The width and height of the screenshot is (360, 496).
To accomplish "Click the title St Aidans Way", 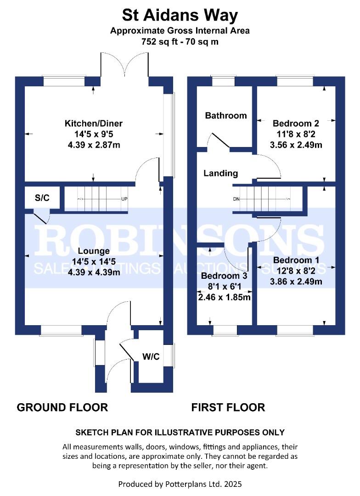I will pyautogui.click(x=180, y=16).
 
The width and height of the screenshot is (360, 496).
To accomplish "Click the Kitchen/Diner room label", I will pyautogui.click(x=93, y=124).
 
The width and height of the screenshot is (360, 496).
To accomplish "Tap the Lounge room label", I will pyautogui.click(x=93, y=251).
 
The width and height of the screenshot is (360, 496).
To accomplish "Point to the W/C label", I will pyautogui.click(x=151, y=357).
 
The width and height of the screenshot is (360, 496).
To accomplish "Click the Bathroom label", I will pyautogui.click(x=225, y=115).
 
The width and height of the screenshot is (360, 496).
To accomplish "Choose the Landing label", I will pyautogui.click(x=220, y=173).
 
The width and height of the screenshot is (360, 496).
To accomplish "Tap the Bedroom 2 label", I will pyautogui.click(x=296, y=123).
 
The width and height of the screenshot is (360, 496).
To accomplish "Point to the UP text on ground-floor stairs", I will pyautogui.click(x=124, y=199).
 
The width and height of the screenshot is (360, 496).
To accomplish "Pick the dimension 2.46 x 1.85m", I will pyautogui.click(x=224, y=297).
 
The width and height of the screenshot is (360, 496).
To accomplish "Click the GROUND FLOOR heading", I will pyautogui.click(x=62, y=407).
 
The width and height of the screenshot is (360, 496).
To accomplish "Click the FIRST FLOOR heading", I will pyautogui.click(x=228, y=407).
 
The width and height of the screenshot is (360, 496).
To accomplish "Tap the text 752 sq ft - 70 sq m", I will pyautogui.click(x=180, y=41).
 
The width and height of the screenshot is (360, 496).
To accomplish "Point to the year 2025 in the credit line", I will pyautogui.click(x=231, y=484).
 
